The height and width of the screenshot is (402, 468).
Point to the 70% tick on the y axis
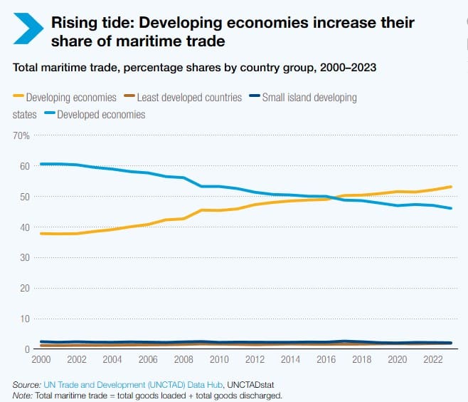21,135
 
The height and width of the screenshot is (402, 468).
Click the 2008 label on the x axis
184,359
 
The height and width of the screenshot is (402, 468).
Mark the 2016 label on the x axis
326,359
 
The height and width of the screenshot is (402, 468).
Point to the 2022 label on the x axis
433,359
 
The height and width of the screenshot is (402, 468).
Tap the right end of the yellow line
452,187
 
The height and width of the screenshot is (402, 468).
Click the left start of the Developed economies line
41,164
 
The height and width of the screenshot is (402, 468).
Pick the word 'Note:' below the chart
23,395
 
